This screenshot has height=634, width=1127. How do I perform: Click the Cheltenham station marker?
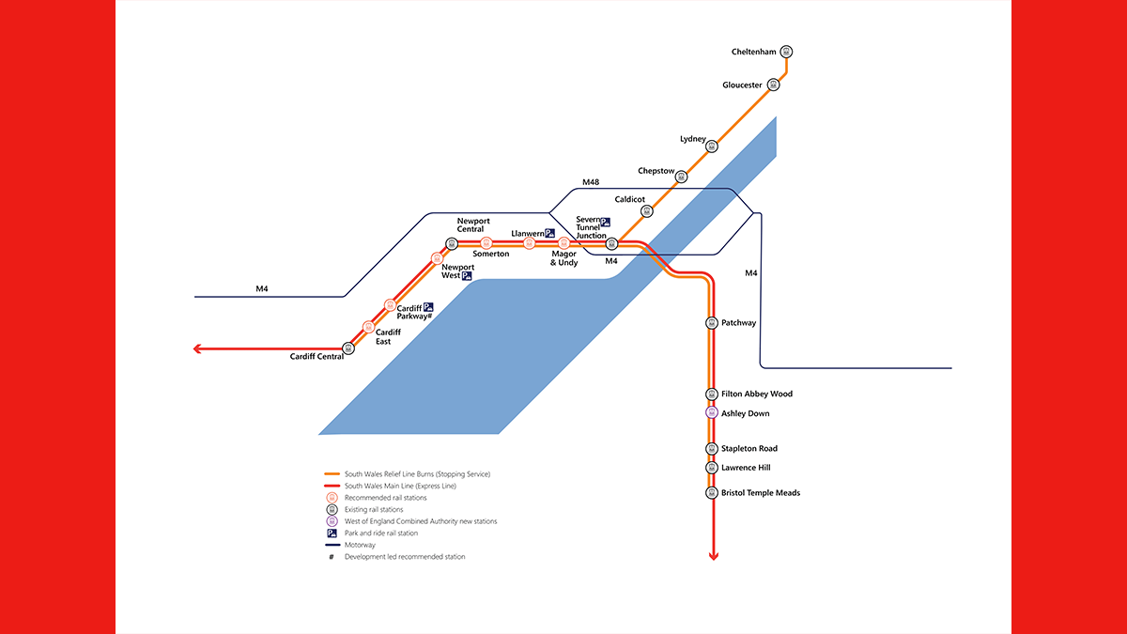[x=786, y=52]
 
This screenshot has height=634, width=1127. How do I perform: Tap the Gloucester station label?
[x=742, y=85]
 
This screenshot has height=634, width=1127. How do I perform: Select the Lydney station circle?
[x=712, y=147]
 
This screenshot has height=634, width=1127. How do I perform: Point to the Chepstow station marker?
[x=681, y=177]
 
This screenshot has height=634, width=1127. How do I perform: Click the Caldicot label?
[x=629, y=199]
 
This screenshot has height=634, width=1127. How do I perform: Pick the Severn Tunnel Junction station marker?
[x=611, y=244]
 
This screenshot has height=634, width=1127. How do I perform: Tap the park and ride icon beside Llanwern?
[x=550, y=233]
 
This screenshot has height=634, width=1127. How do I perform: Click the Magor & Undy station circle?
[x=564, y=243]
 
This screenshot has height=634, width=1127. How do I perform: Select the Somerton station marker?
[x=486, y=243]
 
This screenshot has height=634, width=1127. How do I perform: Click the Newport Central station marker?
[x=452, y=244]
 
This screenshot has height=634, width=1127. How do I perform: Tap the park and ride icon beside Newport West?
[x=467, y=276]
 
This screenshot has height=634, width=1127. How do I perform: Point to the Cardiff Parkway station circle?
[x=390, y=305]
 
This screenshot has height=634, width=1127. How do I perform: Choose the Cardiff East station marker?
[x=368, y=327]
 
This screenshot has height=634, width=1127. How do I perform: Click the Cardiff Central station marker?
[x=348, y=348]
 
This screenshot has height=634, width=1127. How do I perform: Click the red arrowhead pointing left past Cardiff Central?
[x=197, y=348]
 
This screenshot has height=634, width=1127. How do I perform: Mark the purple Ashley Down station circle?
[x=712, y=412]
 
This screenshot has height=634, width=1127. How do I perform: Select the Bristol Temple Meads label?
[x=760, y=493]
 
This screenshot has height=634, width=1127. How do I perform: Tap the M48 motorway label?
[x=591, y=182]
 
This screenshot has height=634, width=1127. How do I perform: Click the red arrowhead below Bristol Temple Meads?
[x=714, y=556]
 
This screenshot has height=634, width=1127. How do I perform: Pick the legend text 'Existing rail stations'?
[x=374, y=510]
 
